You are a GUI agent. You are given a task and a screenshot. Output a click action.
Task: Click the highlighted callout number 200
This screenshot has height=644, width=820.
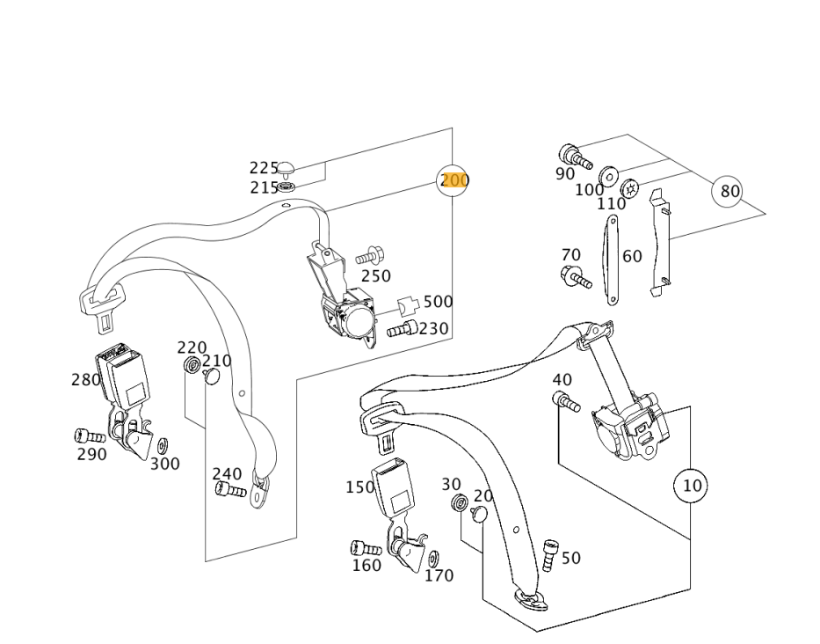454,180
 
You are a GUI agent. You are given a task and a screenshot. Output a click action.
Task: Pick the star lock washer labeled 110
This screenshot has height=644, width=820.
629,188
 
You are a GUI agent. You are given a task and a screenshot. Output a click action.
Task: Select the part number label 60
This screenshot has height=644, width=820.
632,256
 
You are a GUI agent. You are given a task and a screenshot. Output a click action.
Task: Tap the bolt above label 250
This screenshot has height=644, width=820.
370,256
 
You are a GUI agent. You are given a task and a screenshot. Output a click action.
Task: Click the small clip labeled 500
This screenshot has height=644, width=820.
409,306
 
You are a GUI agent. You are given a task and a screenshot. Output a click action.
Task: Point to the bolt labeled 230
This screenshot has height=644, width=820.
403,329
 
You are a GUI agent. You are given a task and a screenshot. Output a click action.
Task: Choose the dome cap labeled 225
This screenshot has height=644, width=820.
286,169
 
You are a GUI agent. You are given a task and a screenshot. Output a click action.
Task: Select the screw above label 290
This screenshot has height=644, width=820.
90,436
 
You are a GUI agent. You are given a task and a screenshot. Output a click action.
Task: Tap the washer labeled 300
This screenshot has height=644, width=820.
163,446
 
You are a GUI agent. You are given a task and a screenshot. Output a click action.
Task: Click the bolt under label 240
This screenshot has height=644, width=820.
230,490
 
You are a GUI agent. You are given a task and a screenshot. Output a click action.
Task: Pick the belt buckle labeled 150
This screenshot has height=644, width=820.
395,487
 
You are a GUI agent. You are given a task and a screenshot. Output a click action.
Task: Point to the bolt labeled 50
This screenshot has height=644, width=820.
549,555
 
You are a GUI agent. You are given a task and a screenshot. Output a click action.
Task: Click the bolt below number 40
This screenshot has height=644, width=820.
566,401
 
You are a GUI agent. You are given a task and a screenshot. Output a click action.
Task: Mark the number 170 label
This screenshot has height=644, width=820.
439,575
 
